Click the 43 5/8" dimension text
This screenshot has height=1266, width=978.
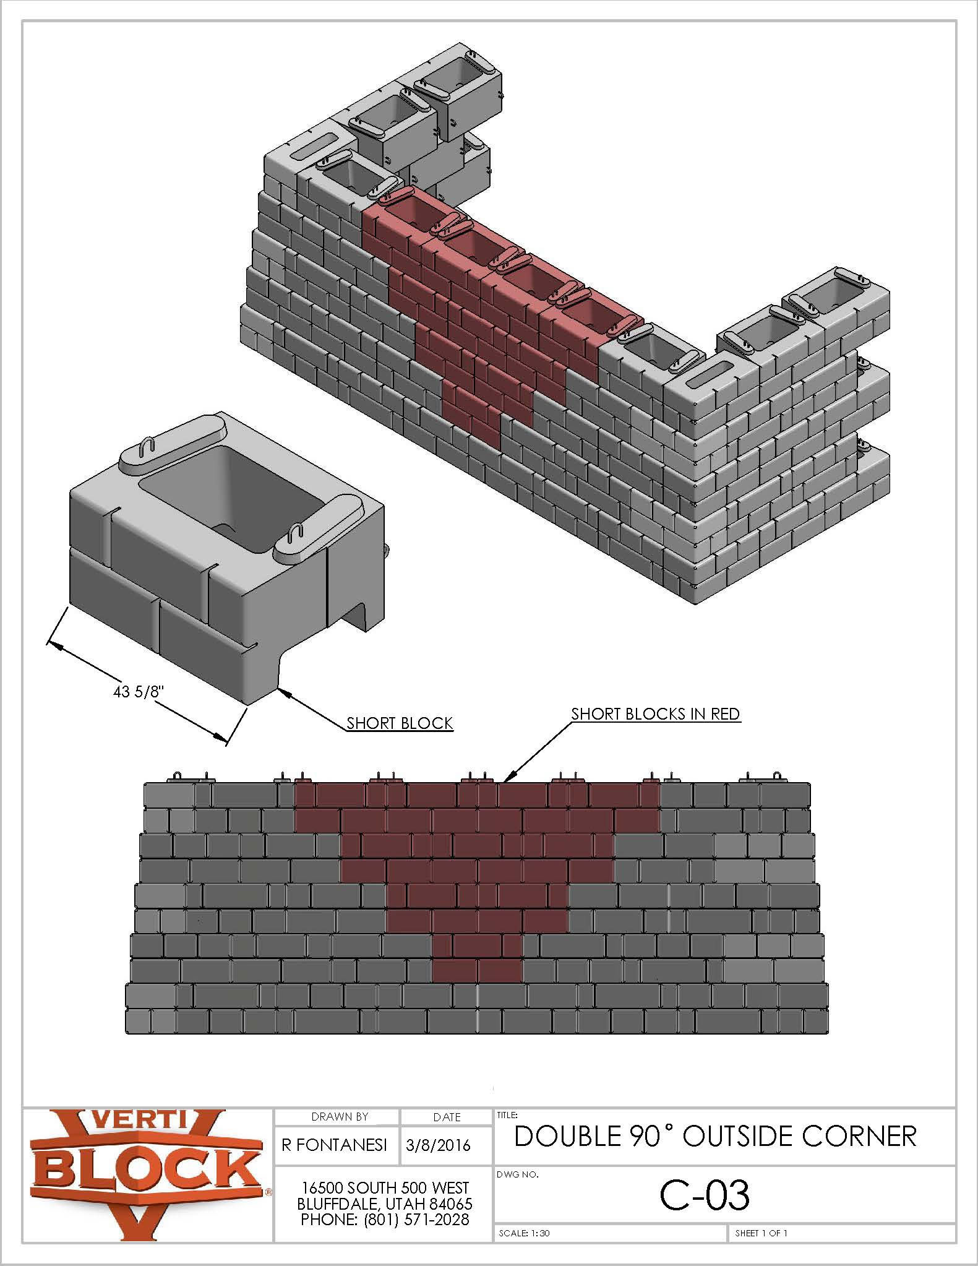(137, 691)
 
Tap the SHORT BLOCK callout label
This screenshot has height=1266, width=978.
(400, 723)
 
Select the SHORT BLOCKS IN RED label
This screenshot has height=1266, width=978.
(655, 713)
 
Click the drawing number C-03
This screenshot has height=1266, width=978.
(705, 1195)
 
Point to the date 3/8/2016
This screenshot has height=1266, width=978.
(438, 1145)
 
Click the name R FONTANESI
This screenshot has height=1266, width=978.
(335, 1145)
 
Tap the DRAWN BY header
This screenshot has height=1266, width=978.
(340, 1117)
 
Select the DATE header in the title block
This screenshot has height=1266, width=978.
(447, 1117)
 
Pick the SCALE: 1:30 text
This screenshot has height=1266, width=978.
(524, 1233)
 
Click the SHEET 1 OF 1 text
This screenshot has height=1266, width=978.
(761, 1233)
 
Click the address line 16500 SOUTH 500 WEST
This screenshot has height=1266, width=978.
(385, 1187)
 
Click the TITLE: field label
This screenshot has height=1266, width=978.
(507, 1115)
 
